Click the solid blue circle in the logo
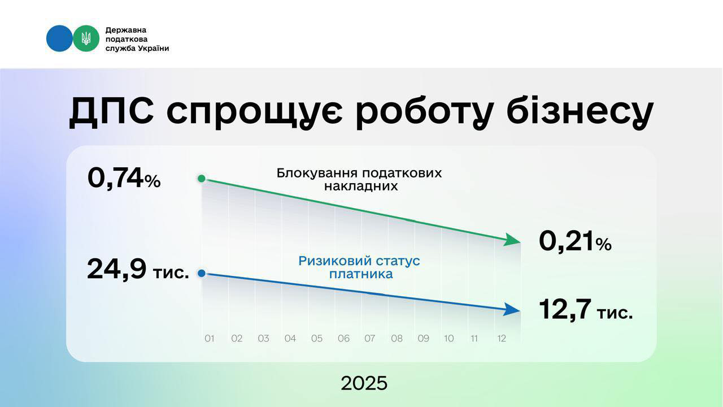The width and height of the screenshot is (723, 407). pos(59,38)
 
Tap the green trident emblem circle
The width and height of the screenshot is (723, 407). pos(86,38)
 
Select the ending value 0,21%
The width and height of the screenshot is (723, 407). pos(575,242)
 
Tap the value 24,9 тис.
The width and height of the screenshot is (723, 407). pos(138,270)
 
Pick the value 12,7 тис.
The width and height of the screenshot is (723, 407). pos(586,310)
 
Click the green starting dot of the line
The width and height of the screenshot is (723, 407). pos(202,179)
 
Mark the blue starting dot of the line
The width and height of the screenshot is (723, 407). pos(202,274)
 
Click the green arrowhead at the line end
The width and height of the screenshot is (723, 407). pos(513,240)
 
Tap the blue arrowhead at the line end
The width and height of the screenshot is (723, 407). pos(513,309)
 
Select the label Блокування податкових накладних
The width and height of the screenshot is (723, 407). pos(359,179)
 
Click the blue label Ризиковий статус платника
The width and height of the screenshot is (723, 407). pos(359,267)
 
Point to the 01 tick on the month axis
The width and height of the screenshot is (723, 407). pos(210,339)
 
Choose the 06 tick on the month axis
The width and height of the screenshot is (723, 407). pos(343,339)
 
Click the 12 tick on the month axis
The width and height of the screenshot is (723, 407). pos(500,339)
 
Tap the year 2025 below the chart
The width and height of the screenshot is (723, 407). pos(364,383)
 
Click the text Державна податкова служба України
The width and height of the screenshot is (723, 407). pos(137,39)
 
